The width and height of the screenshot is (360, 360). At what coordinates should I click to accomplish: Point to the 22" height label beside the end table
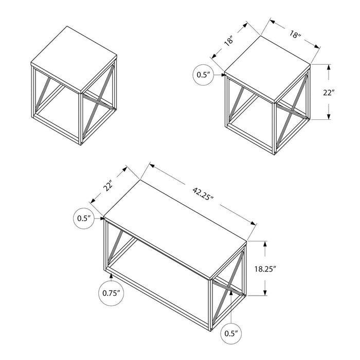point(344,93)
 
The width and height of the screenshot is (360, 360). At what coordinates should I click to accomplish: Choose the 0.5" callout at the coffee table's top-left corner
point(83,218)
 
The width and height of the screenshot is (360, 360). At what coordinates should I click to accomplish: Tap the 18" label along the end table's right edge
point(295,34)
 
